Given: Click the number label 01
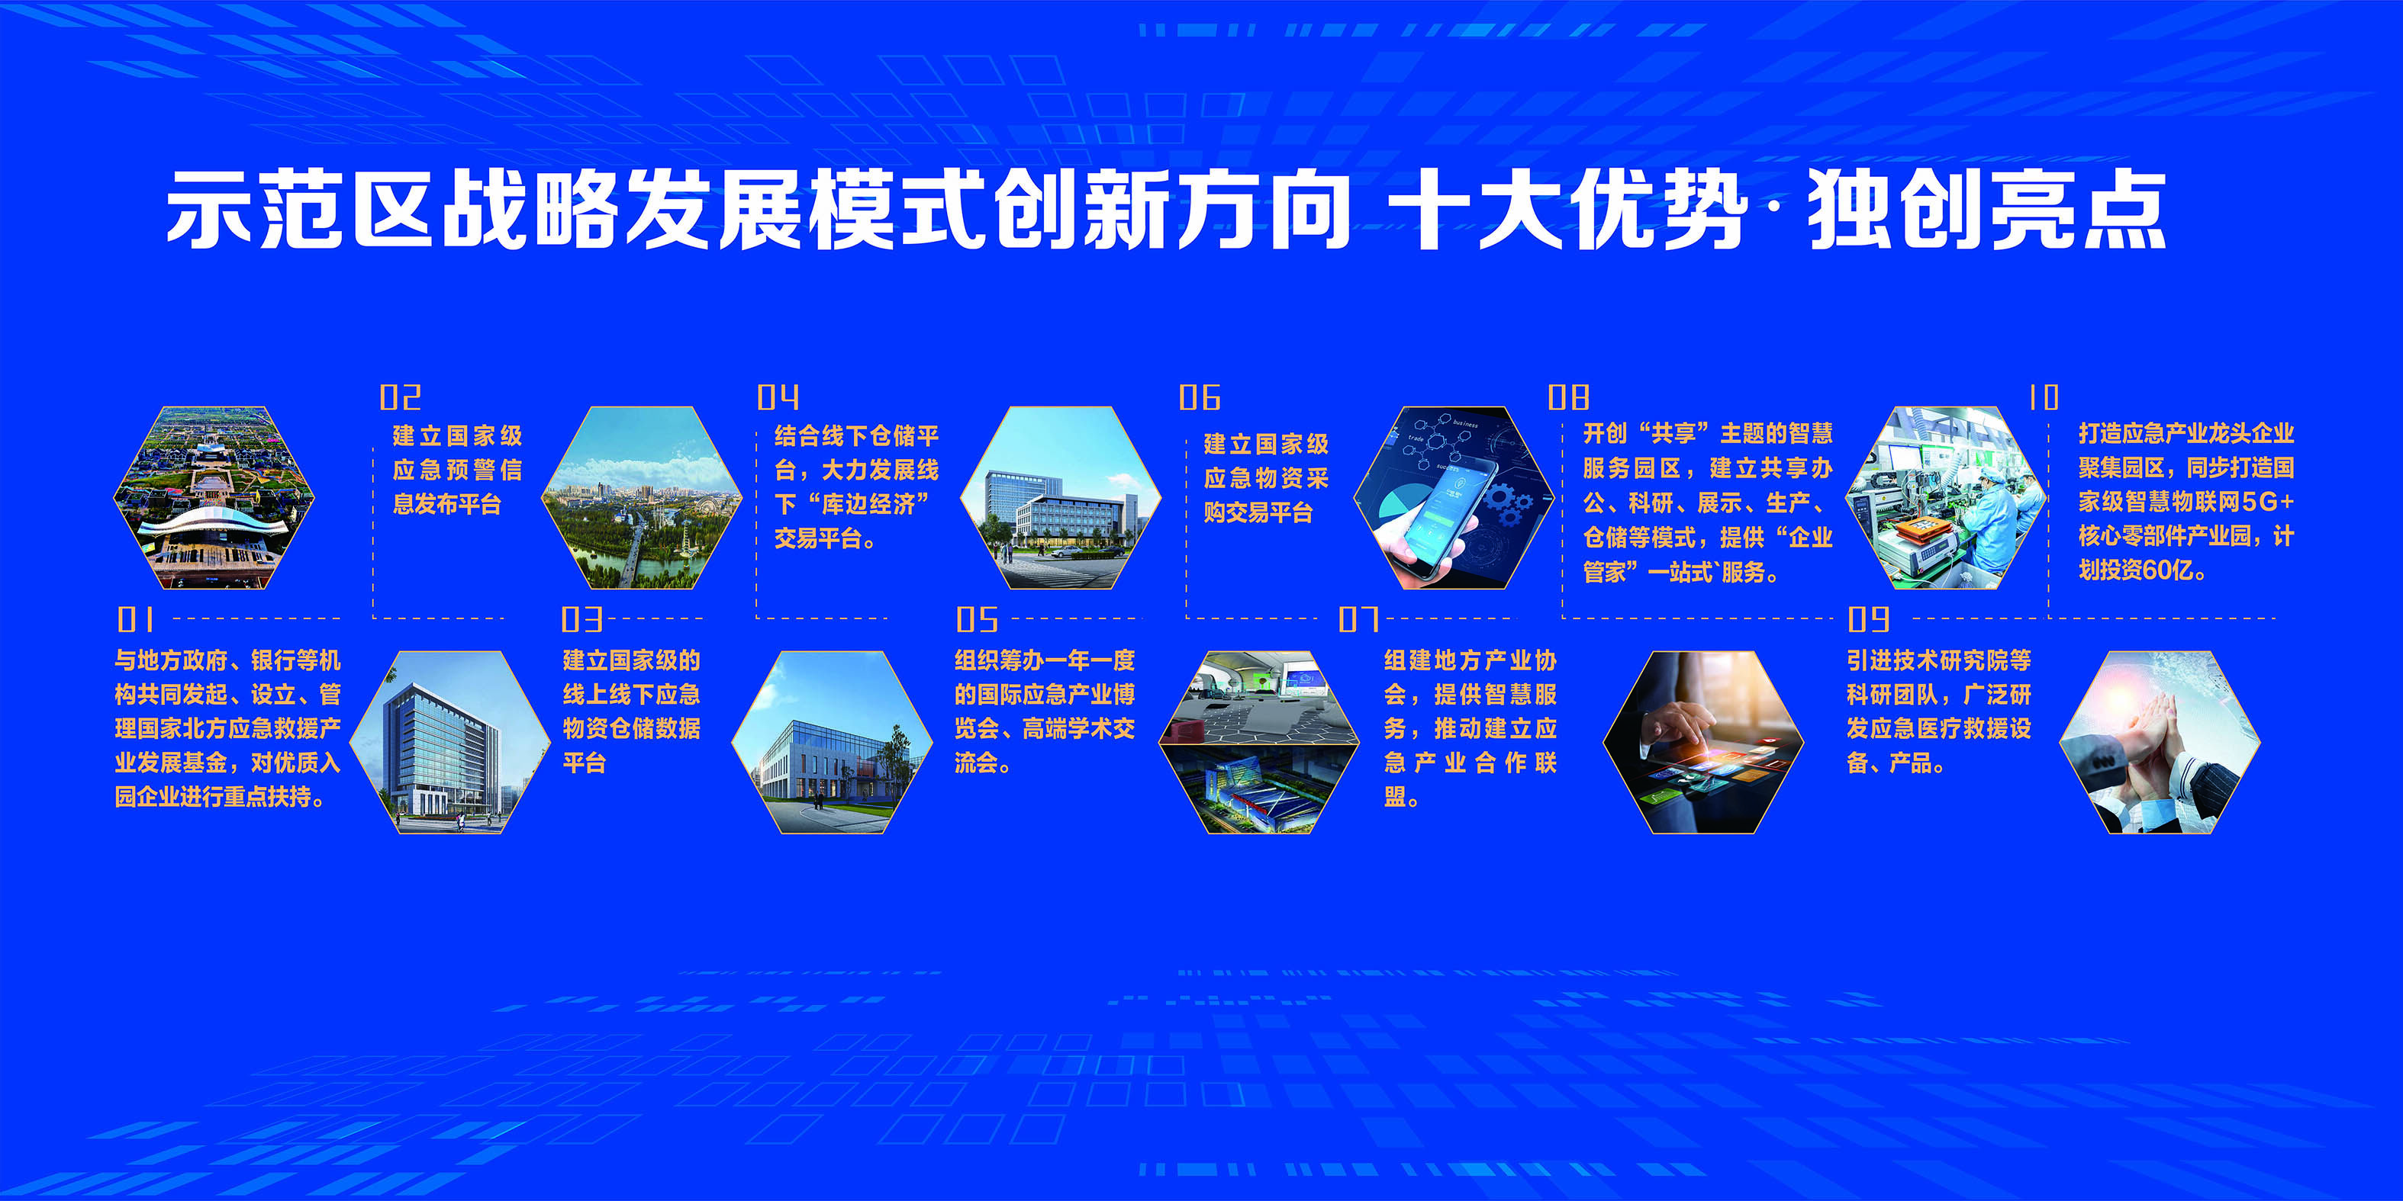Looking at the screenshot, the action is coord(136,619).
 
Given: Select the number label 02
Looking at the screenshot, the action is coord(400,398).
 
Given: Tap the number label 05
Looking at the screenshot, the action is coord(977,619).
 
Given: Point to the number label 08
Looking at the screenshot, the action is coord(1568,398).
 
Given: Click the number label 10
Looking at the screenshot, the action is coord(2043,398).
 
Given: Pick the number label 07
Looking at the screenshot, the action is coord(1358,619).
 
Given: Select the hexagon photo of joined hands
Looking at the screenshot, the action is coord(2160,742).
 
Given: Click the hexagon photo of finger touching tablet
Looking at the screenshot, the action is coord(1703,742).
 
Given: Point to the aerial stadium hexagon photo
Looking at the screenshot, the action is coord(214,497).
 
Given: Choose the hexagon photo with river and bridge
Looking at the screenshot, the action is coord(642,497).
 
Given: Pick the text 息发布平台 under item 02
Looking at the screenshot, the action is coord(448,503).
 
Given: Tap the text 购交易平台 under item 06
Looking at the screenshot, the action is coord(1258,512).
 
